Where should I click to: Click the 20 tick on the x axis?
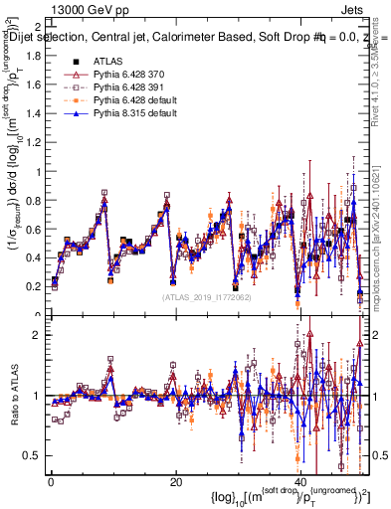click(x=175, y=483)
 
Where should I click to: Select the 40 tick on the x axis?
click(x=300, y=483)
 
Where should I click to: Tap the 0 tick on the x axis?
click(x=51, y=483)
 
